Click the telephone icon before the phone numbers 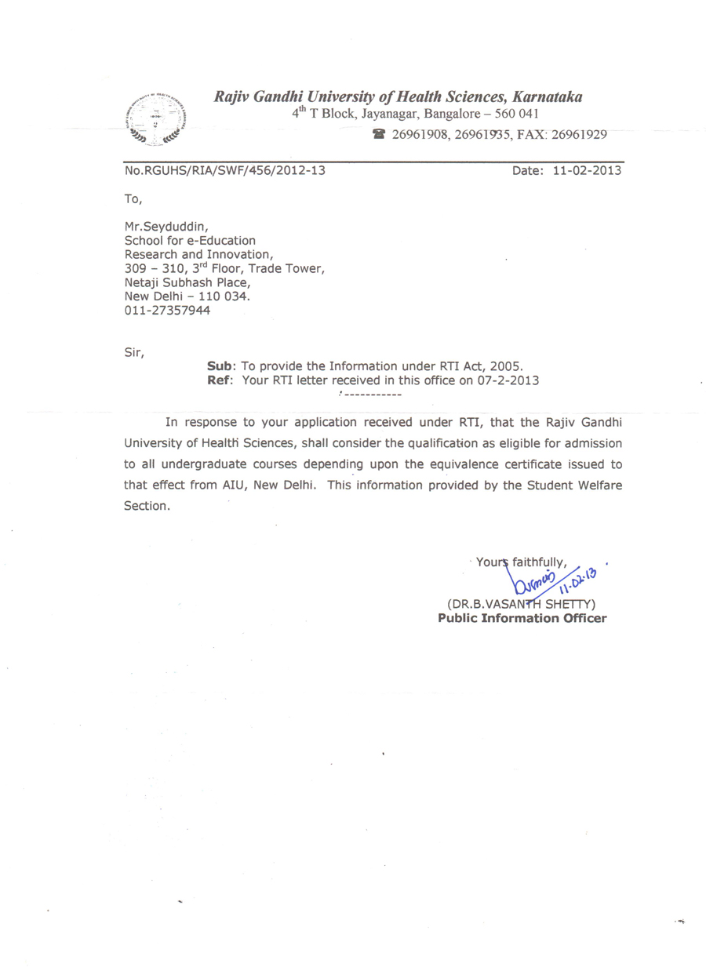[x=380, y=134]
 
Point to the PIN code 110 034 [x=224, y=296]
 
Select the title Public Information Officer [x=522, y=618]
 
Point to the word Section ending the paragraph [x=146, y=506]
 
